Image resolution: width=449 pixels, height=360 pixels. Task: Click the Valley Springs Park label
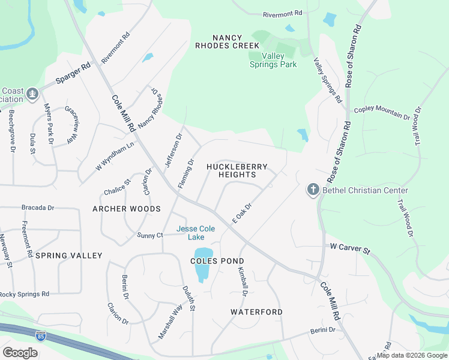pyautogui.click(x=273, y=60)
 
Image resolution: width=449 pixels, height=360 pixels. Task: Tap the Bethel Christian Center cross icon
pyautogui.click(x=313, y=190)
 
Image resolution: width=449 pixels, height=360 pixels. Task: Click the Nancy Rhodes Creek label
pyautogui.click(x=227, y=41)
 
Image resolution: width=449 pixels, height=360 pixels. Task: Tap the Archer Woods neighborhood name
pyautogui.click(x=127, y=209)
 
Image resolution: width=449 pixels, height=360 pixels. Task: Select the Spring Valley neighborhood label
pyautogui.click(x=68, y=256)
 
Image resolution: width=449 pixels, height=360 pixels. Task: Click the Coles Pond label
pyautogui.click(x=217, y=261)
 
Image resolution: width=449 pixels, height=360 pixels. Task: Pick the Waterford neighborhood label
pyautogui.click(x=256, y=312)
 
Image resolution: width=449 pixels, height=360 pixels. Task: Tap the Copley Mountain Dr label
pyautogui.click(x=382, y=109)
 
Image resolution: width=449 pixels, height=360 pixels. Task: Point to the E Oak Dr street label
pyautogui.click(x=241, y=212)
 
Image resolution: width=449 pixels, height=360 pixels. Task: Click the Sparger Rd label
pyautogui.click(x=73, y=73)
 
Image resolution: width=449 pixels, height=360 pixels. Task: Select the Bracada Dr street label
pyautogui.click(x=38, y=208)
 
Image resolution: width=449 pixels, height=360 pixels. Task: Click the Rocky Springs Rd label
pyautogui.click(x=24, y=294)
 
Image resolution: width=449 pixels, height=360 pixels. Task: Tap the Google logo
pyautogui.click(x=20, y=353)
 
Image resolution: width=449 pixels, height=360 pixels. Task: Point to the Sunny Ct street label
pyautogui.click(x=149, y=235)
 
